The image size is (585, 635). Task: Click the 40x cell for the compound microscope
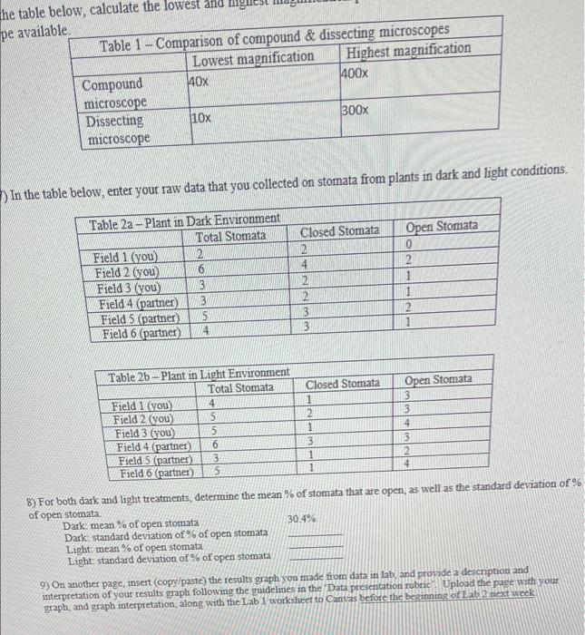pyautogui.click(x=198, y=81)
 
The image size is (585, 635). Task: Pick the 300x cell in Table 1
pyautogui.click(x=355, y=110)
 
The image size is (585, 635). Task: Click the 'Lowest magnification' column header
pyautogui.click(x=253, y=58)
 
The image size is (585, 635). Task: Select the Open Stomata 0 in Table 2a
pyautogui.click(x=410, y=246)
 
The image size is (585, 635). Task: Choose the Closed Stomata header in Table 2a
pyautogui.click(x=339, y=230)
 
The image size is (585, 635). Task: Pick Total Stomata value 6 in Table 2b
pyautogui.click(x=214, y=444)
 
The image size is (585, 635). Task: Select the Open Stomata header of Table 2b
pyautogui.click(x=438, y=379)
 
